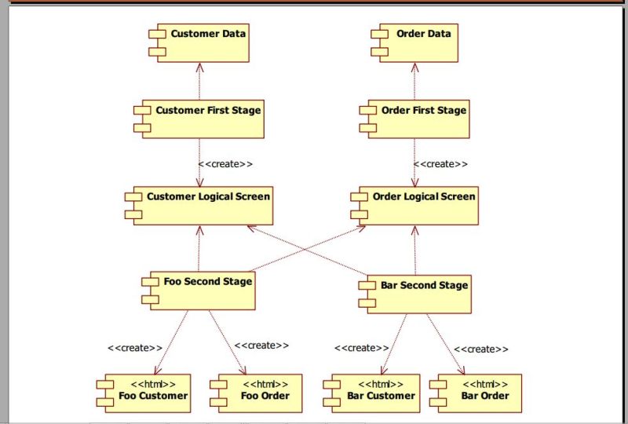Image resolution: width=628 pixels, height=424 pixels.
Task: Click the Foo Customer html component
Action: (145, 393)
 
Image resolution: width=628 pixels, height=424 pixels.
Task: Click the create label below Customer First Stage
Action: (225, 164)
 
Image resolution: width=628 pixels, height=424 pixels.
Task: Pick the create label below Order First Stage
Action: (440, 164)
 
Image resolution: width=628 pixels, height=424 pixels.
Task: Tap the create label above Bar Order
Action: (480, 349)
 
